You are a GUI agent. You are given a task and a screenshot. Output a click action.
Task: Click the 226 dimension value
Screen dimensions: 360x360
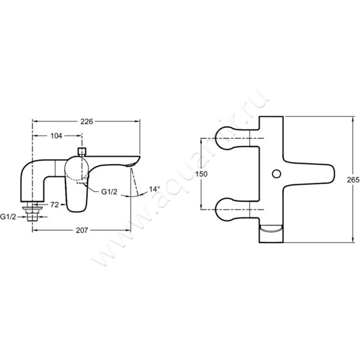click(x=86, y=121)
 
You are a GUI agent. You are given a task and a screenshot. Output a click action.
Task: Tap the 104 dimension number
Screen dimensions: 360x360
click(x=56, y=136)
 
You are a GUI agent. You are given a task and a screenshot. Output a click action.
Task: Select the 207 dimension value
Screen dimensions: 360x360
click(x=82, y=230)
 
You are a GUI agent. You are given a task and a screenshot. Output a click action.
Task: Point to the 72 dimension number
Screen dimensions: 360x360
click(x=54, y=205)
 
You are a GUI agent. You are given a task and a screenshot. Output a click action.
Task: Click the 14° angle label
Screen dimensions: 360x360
click(x=154, y=189)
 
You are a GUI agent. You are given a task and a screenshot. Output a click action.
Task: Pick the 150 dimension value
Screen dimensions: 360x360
click(x=201, y=174)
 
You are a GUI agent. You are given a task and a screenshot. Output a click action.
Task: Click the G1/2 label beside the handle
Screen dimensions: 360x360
click(x=109, y=192)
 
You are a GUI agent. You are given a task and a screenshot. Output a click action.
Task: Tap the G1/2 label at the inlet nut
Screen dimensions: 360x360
click(x=8, y=216)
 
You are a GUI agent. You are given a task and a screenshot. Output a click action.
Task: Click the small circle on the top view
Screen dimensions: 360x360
click(x=276, y=174)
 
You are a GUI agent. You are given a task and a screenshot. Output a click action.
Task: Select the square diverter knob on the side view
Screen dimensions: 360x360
click(x=82, y=152)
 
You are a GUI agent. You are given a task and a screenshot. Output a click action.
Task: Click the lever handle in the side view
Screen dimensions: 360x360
click(x=77, y=184)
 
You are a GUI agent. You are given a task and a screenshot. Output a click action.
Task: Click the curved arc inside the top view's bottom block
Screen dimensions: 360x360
click(x=271, y=229)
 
